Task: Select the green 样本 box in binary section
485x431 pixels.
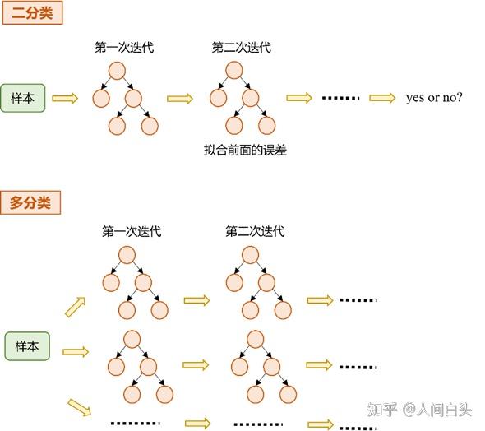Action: point(22,98)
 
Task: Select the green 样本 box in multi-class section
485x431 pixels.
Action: point(27,346)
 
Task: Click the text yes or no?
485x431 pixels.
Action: point(434,98)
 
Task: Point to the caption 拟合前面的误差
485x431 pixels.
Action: point(244,151)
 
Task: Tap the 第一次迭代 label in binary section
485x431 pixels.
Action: point(124,48)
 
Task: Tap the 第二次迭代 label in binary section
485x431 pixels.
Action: point(241,48)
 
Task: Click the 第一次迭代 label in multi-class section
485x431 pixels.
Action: point(132,232)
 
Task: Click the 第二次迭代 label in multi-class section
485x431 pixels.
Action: point(255,232)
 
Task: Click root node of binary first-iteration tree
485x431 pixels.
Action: point(117,71)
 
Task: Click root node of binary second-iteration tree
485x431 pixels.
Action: point(234,71)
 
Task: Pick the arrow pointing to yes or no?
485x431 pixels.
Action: point(381,98)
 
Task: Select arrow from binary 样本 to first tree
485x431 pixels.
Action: point(64,99)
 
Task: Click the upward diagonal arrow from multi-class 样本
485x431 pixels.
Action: point(75,307)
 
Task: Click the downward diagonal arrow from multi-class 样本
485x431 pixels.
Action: point(79,406)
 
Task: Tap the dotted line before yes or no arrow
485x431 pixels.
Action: point(340,98)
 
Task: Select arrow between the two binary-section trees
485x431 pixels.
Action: point(179,99)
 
